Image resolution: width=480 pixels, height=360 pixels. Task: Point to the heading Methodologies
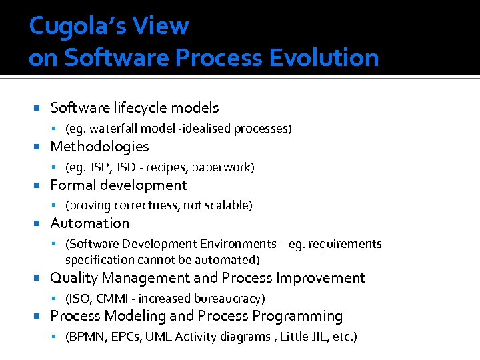(99, 146)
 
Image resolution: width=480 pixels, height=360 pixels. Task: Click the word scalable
(225, 205)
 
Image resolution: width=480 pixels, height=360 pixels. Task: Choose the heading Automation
(89, 223)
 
